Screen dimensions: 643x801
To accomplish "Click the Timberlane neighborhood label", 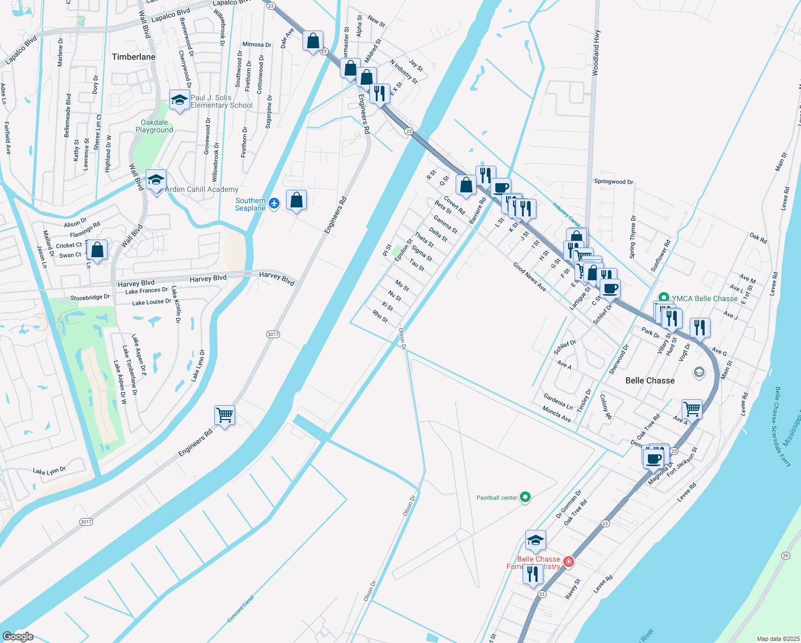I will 133,57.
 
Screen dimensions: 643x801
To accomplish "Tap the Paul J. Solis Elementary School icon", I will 179,100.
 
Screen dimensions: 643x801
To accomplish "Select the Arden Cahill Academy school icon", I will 156,181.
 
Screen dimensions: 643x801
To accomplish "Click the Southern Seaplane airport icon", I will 274,203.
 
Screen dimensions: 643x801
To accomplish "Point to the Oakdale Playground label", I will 154,126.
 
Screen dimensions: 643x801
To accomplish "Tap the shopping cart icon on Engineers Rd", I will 224,415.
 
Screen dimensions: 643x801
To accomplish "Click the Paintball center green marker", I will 525,497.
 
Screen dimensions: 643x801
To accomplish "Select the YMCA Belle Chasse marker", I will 664,297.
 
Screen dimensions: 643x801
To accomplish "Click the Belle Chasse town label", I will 650,380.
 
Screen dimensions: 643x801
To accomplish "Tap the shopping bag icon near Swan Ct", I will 97,250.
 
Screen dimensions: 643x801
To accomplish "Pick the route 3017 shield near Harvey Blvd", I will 273,334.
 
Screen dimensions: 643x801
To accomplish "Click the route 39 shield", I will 785,555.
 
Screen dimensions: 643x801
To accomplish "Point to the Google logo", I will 18,636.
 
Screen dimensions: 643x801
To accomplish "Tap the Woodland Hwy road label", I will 596,53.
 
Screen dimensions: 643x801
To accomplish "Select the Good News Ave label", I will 530,276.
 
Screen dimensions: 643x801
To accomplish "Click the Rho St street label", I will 380,316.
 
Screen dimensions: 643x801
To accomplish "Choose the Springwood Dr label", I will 614,182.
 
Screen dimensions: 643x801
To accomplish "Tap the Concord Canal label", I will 240,609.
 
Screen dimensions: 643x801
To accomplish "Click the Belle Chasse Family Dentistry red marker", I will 569,562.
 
